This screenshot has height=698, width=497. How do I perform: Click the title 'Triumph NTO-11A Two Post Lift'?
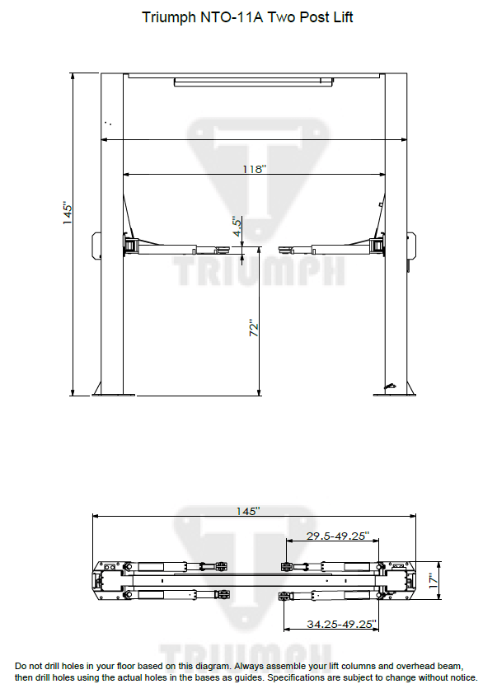(x=247, y=17)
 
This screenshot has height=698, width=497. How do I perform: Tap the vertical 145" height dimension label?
(x=69, y=213)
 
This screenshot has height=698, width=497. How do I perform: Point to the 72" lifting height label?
(x=255, y=327)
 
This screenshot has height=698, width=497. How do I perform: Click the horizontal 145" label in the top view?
(x=247, y=511)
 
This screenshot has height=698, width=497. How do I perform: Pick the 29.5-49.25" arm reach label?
(x=337, y=536)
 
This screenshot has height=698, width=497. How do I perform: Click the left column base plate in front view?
(x=113, y=394)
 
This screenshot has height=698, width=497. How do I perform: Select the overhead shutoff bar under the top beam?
(x=253, y=82)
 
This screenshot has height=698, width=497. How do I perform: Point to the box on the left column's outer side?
(x=96, y=246)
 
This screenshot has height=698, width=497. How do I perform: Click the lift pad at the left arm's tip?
(x=223, y=246)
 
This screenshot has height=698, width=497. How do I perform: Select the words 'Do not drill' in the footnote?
(x=40, y=665)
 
